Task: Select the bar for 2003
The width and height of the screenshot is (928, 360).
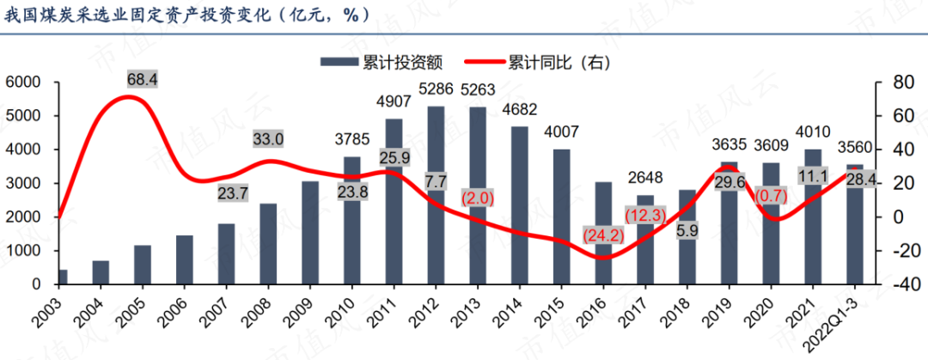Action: [x=62, y=277]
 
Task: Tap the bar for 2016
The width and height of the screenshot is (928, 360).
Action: [x=603, y=233]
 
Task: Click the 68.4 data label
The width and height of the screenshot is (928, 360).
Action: [x=143, y=79]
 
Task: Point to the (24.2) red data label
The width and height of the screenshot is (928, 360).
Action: [x=602, y=235]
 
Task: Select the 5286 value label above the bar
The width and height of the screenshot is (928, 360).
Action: [x=436, y=88]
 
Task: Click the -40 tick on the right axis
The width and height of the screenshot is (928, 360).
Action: [x=897, y=284]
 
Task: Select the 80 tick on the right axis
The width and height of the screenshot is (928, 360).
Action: [x=895, y=82]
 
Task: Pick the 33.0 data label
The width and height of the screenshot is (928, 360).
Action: [x=268, y=139]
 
